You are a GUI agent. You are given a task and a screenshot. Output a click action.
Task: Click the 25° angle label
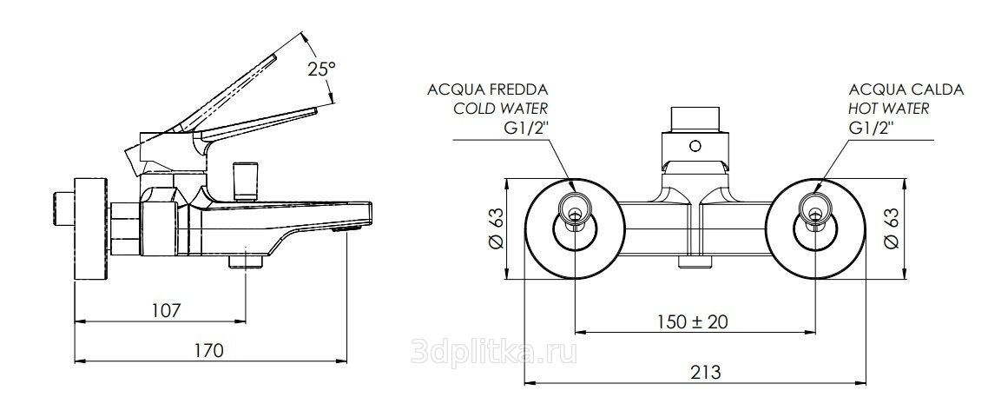(321, 69)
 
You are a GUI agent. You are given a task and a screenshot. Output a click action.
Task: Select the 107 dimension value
(167, 310)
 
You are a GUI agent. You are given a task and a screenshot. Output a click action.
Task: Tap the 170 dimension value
(209, 351)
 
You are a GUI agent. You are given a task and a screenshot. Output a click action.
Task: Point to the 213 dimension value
(706, 372)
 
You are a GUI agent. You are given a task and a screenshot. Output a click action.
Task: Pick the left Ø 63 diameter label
(497, 228)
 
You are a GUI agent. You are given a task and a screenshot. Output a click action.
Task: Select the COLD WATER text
(501, 108)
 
